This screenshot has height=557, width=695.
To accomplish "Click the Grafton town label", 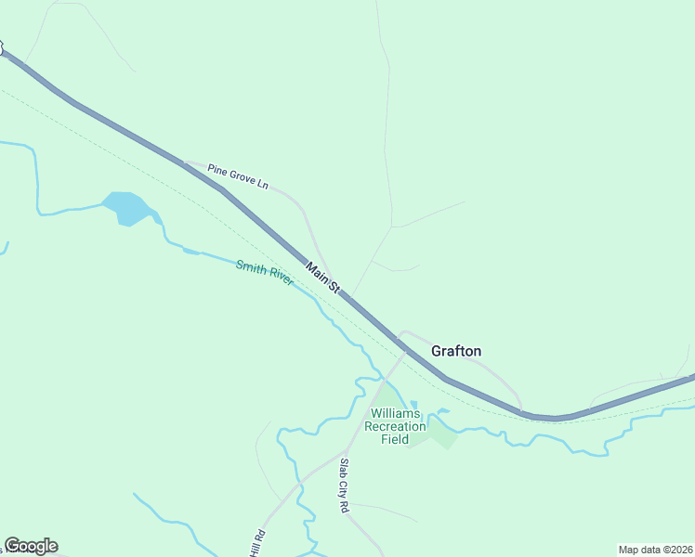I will coord(456,351).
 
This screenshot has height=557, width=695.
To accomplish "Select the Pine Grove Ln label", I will coord(237,176).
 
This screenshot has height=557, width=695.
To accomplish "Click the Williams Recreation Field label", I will coord(395,426).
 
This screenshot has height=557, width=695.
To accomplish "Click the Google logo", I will coord(31,546).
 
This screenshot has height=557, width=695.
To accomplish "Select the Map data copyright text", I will coord(655,550).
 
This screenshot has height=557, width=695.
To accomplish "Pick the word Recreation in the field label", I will coord(395,426).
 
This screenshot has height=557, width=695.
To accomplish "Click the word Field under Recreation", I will coord(395,439).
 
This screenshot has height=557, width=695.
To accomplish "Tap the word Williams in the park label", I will coord(396,413).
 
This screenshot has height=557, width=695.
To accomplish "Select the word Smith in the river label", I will coord(251,268).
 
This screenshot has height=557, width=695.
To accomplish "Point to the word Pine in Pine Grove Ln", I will coord(216,170).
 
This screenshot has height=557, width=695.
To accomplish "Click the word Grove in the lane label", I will coord(241,177).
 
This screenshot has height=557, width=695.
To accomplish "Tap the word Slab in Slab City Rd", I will coord(343,468).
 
